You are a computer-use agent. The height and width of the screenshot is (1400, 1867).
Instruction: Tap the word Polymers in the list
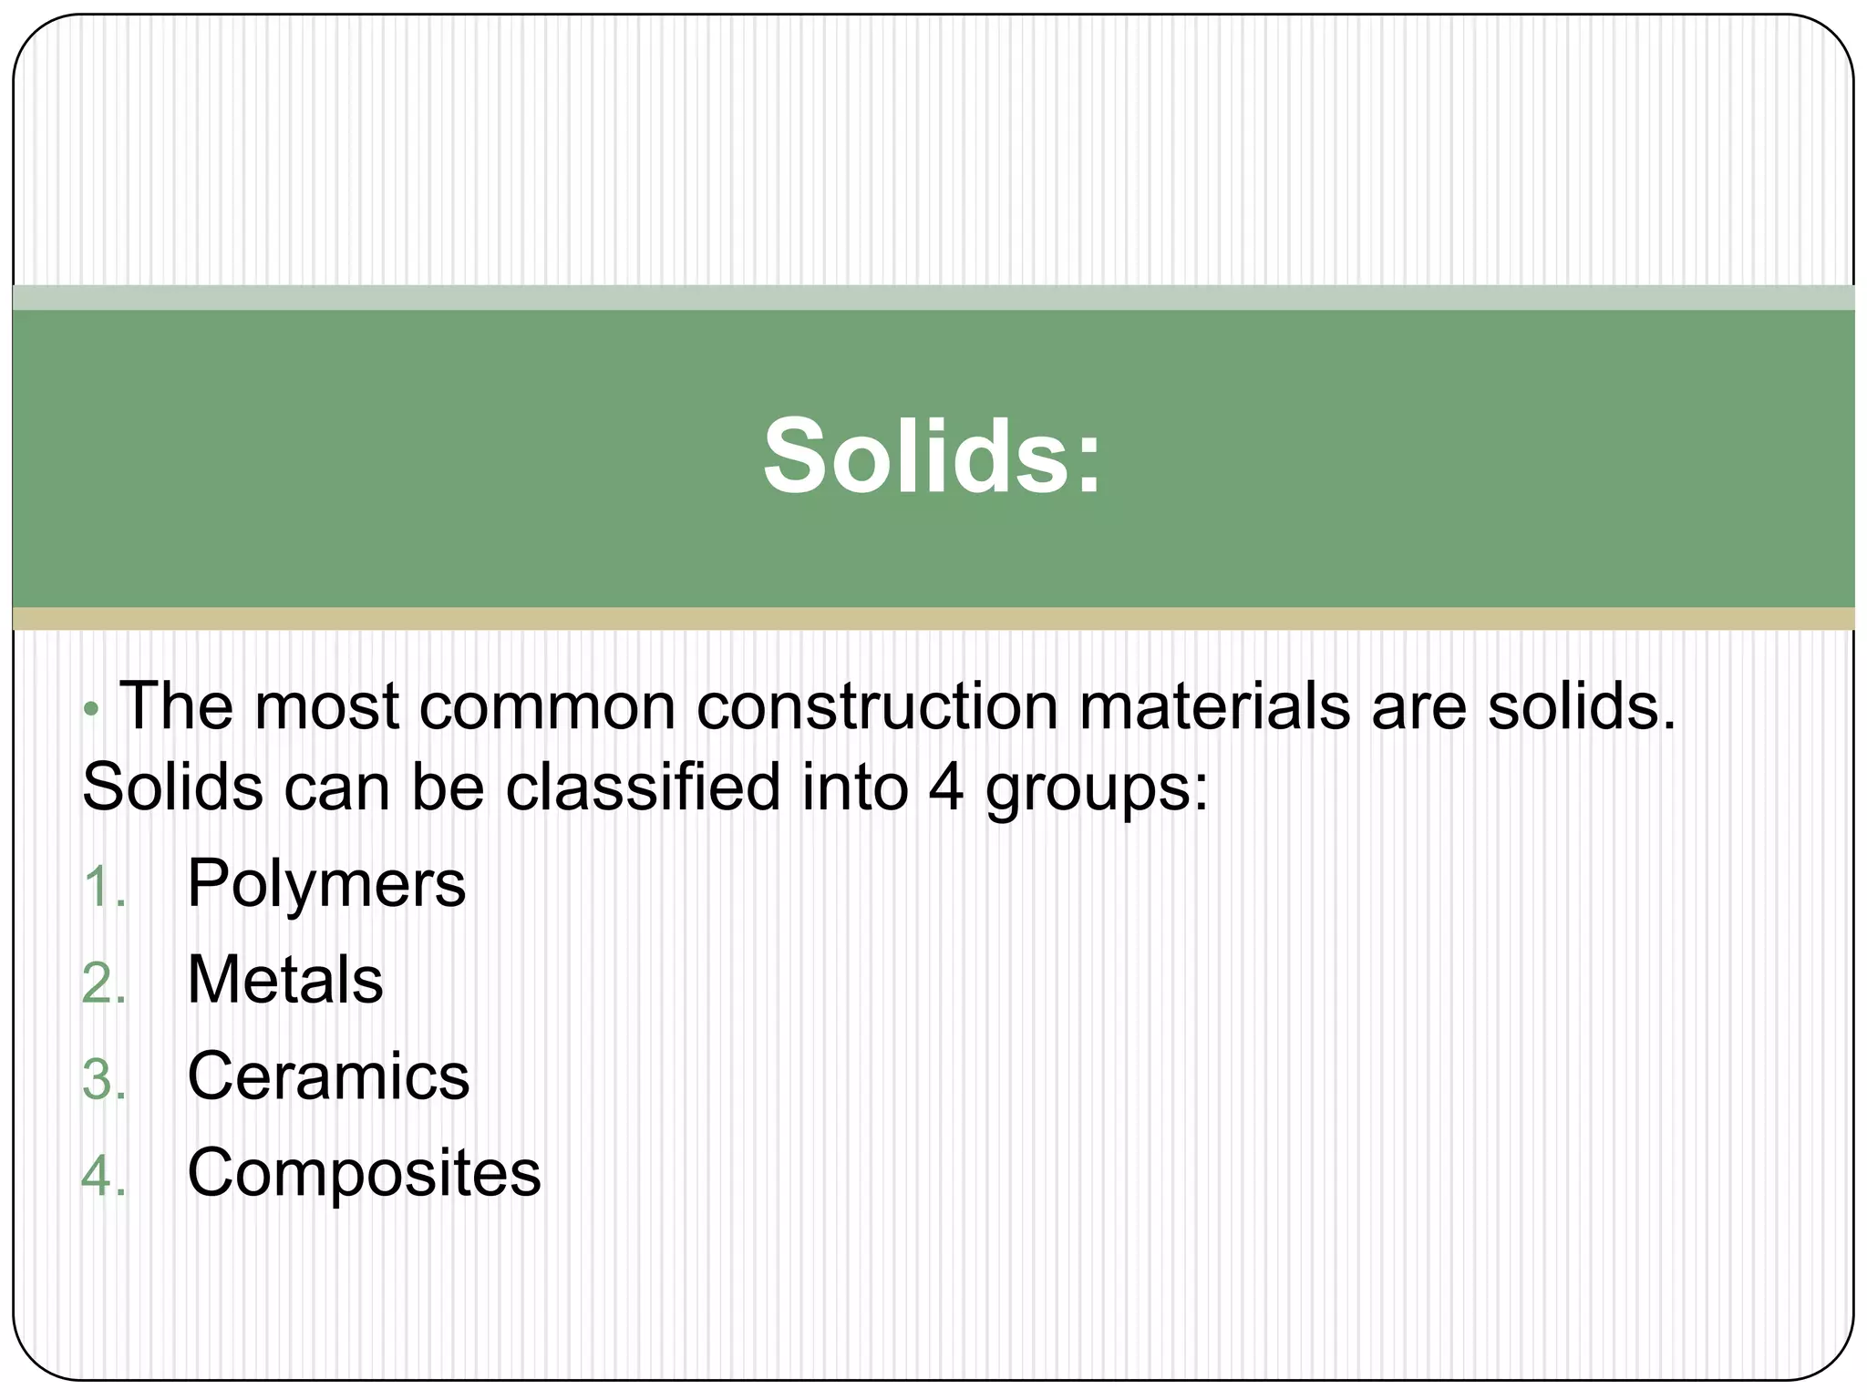click(325, 883)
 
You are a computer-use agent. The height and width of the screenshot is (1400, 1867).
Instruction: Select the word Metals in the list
click(284, 980)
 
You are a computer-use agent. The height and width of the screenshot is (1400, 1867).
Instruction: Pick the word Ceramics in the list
click(328, 1076)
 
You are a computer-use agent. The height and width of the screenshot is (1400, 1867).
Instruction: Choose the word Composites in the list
click(364, 1173)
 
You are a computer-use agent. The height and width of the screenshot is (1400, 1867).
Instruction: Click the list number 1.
click(102, 887)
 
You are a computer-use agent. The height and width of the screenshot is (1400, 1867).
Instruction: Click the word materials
click(1214, 706)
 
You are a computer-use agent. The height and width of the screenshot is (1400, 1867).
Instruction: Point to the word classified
click(643, 787)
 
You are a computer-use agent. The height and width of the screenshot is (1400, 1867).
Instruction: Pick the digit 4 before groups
click(946, 787)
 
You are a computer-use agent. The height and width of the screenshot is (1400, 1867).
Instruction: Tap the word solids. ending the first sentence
click(1582, 706)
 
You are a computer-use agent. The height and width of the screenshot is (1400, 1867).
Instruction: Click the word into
click(854, 787)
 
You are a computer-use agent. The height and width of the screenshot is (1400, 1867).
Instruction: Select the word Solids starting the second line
click(172, 787)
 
